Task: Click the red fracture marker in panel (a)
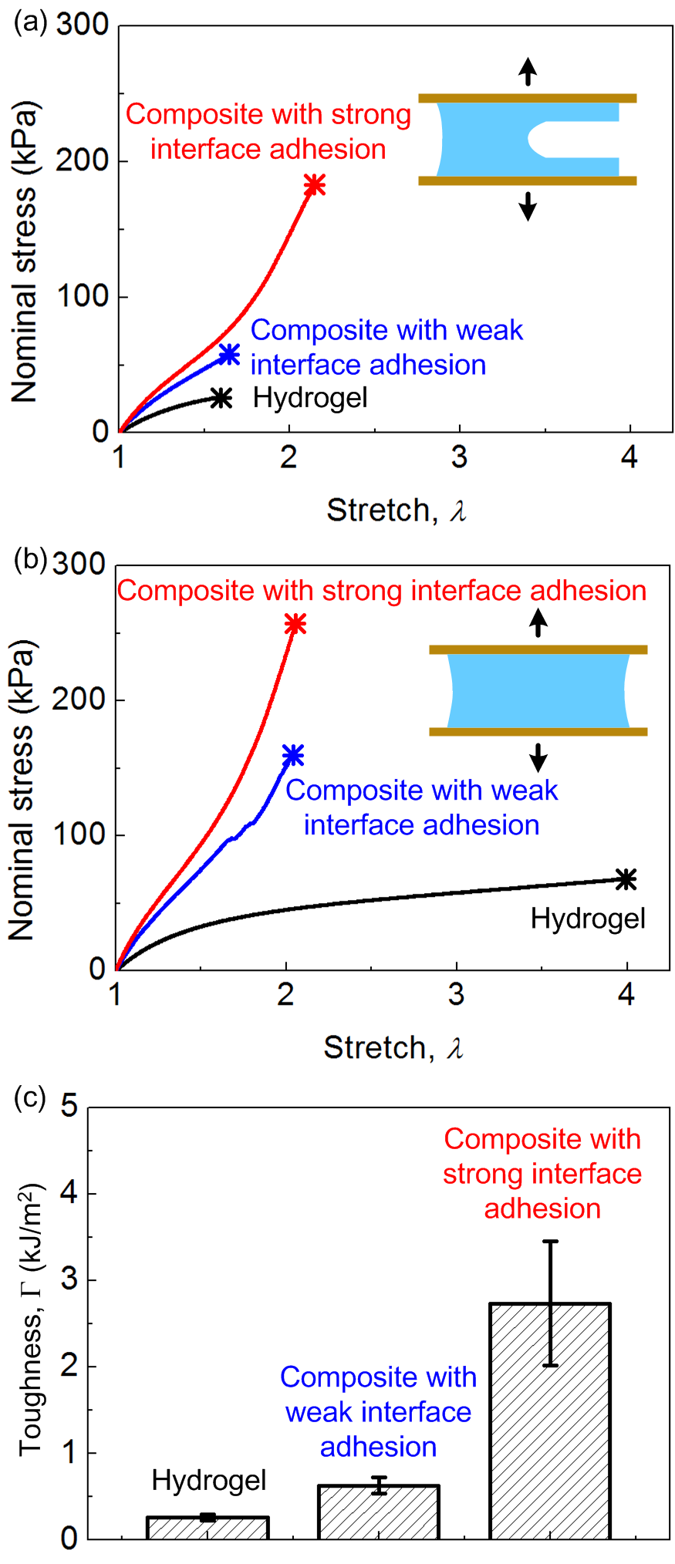click(314, 185)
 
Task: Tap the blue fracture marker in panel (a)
click(229, 354)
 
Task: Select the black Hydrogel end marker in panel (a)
click(221, 398)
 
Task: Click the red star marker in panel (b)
click(295, 625)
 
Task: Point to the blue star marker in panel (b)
click(293, 755)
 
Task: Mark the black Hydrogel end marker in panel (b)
click(626, 879)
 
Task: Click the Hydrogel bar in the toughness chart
click(208, 1528)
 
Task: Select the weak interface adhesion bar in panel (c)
click(379, 1512)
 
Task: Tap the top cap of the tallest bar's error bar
click(550, 1241)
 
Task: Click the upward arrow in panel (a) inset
click(528, 71)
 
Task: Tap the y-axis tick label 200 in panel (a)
click(82, 161)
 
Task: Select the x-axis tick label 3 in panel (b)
click(457, 994)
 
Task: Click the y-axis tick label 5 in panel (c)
click(69, 1107)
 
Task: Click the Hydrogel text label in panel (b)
click(588, 919)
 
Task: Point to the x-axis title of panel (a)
click(397, 510)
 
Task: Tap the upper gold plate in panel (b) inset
click(538, 649)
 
